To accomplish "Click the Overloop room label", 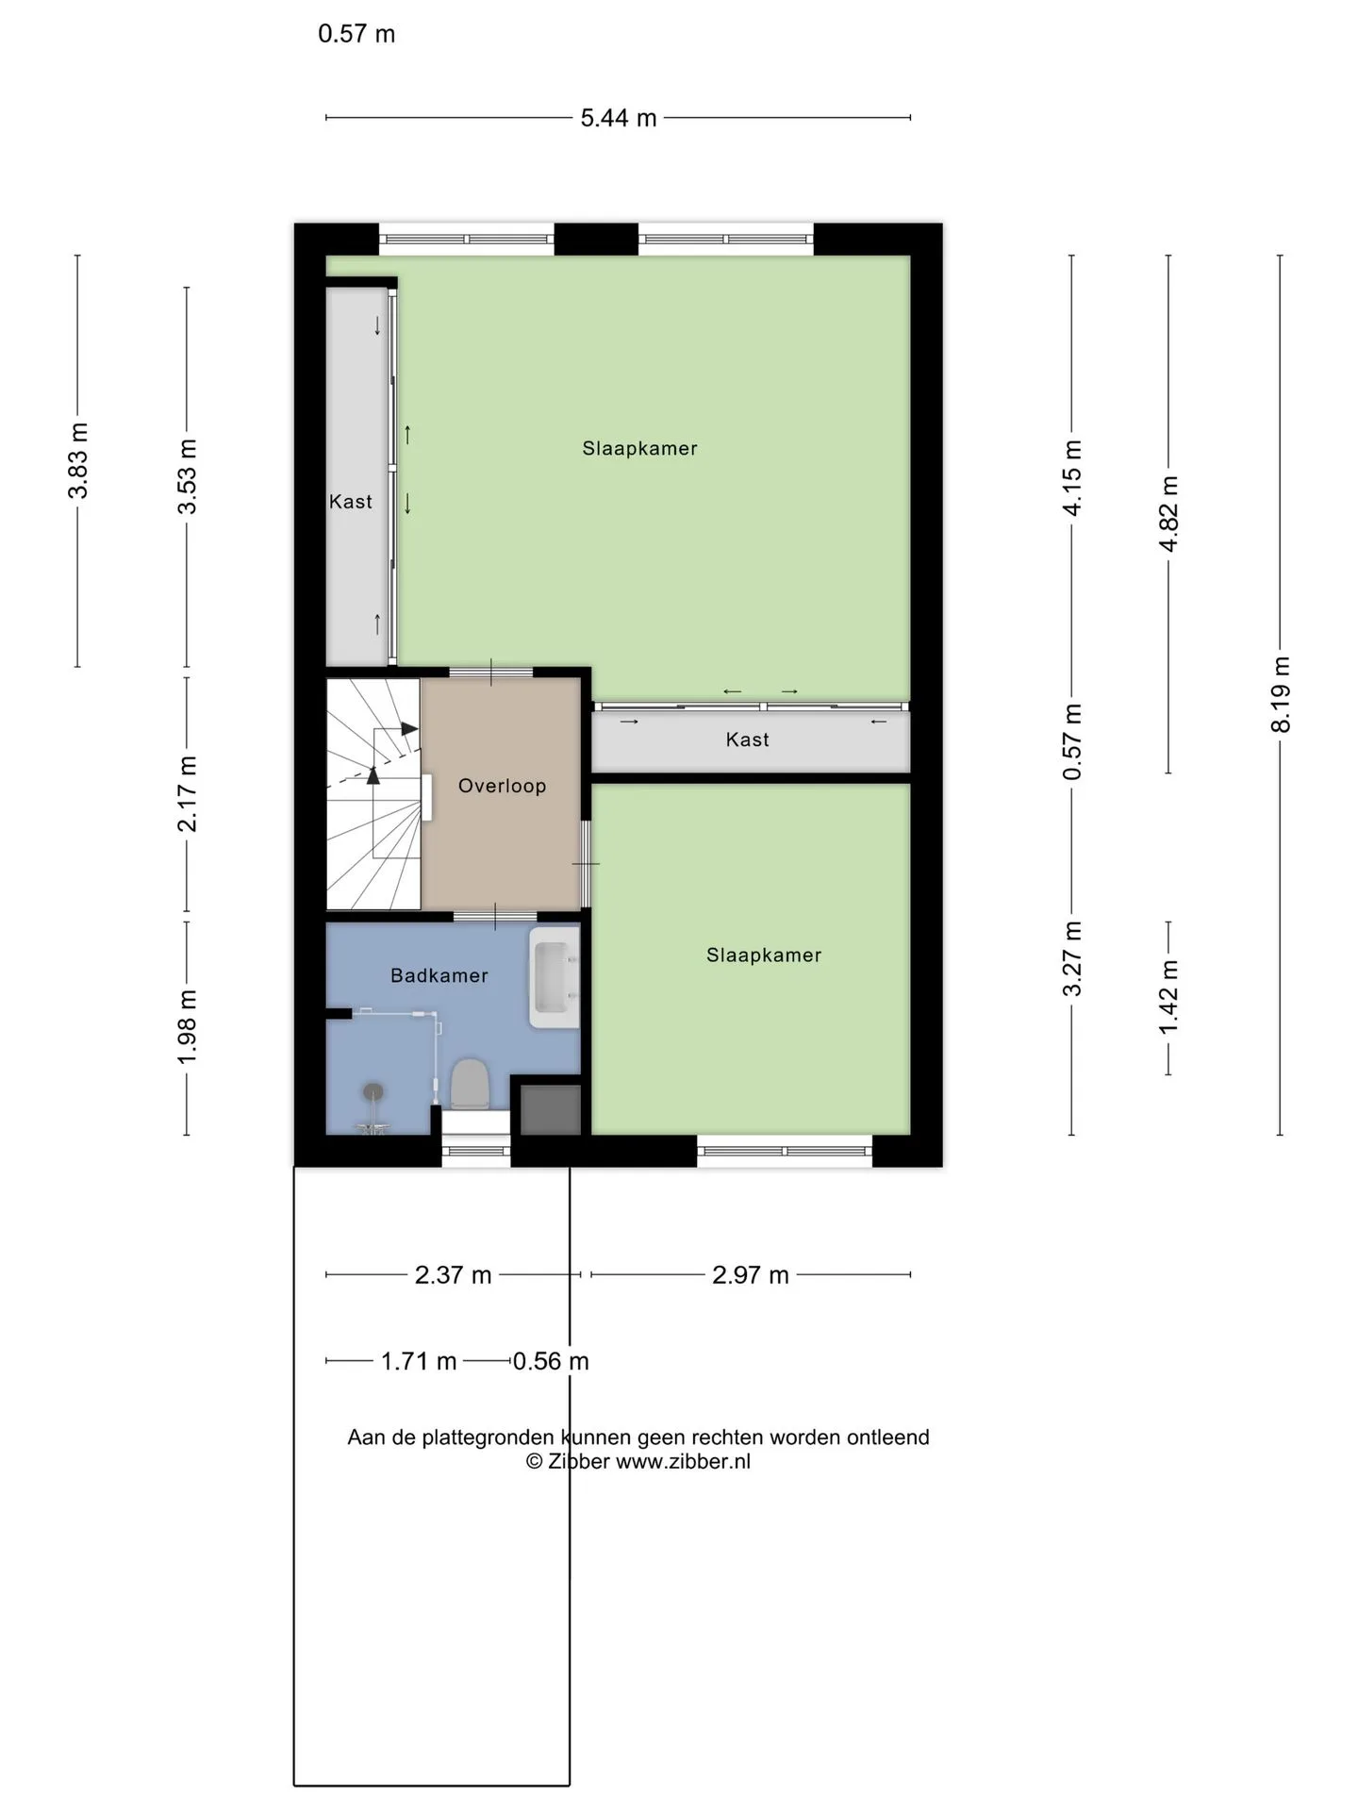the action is (x=502, y=786).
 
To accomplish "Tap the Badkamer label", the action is (x=439, y=975).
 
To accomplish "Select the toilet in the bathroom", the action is (x=469, y=1085).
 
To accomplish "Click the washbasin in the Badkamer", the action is (x=555, y=977).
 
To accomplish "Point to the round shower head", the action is (x=374, y=1091).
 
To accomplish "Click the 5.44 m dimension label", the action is (x=619, y=118).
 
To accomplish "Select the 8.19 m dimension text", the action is (x=1280, y=694).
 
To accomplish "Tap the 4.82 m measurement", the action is (x=1168, y=514).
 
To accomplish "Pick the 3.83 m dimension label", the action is (x=78, y=460).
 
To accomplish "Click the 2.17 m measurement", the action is (x=188, y=794).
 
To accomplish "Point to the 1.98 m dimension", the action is (x=188, y=1026).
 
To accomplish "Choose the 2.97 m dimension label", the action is (x=751, y=1275).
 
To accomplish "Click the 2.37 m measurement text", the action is (x=454, y=1275).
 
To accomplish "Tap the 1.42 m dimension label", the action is (x=1168, y=996).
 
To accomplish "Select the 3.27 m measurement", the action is (x=1072, y=958).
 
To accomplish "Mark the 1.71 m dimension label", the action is (x=419, y=1361).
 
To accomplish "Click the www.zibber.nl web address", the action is (x=684, y=1461).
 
